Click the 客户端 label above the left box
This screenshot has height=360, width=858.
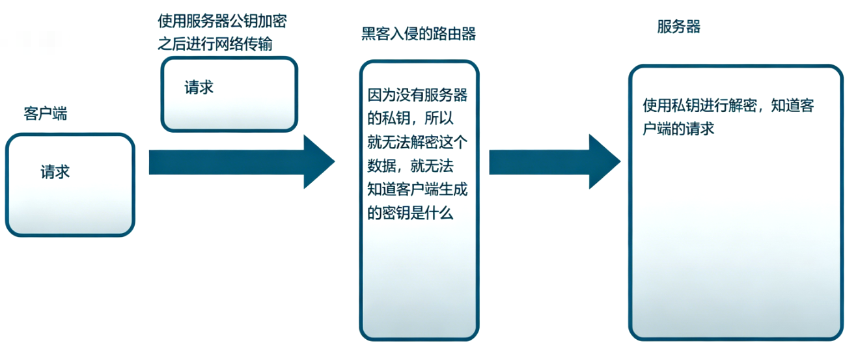coord(45,113)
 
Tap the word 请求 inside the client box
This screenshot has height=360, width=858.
coord(55,172)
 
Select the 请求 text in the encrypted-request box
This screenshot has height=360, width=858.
coord(199,87)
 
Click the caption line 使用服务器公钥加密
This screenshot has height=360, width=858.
coord(222,21)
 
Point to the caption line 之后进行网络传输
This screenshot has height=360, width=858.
coord(215,44)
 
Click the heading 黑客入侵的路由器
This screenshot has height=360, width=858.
coord(419,34)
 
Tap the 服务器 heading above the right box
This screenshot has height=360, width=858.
coord(679,27)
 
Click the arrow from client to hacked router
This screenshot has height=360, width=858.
coord(242,161)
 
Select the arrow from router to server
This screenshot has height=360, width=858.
coord(555,161)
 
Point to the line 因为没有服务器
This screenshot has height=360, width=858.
coord(417,95)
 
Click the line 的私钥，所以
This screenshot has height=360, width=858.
coord(410,118)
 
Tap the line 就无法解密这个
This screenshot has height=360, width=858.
coord(417,142)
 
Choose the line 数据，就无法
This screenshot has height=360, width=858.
coord(410,166)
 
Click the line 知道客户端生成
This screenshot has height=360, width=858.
coord(417,189)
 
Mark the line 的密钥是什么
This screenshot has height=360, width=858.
coord(410,213)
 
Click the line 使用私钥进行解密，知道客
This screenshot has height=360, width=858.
coord(728,105)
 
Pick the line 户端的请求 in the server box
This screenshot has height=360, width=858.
coord(678,129)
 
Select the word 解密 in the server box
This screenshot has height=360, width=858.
coord(743,105)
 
